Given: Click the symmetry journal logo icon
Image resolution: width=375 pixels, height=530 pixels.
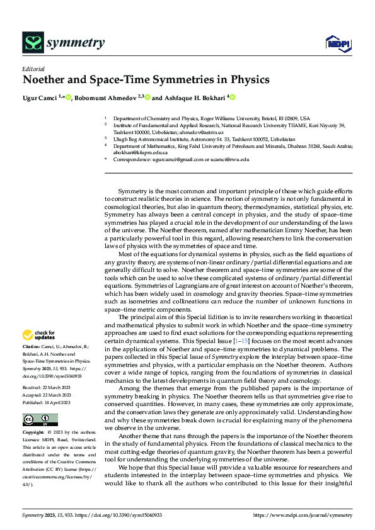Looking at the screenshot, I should tap(33, 43).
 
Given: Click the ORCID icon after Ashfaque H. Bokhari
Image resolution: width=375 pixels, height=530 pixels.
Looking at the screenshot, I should tap(232, 98).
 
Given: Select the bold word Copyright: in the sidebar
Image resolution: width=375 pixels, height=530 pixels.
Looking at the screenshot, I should tap(33, 433).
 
